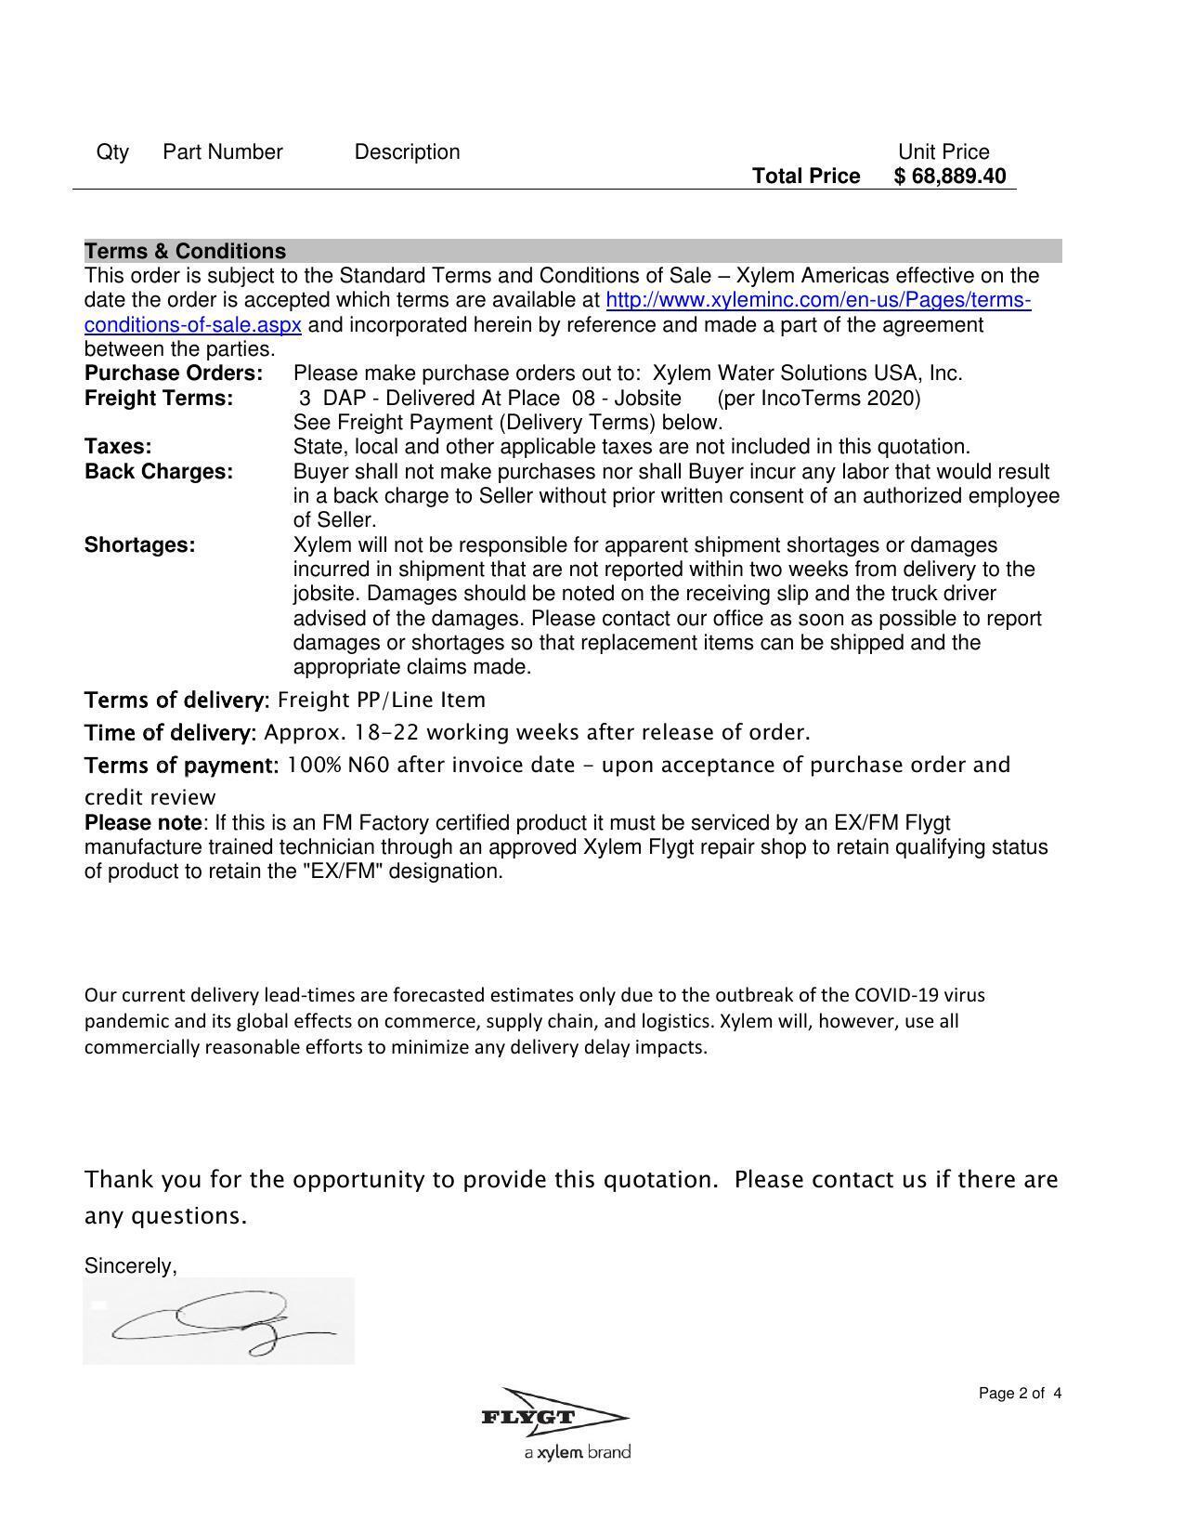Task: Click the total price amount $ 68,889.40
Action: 949,177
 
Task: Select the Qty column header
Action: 112,152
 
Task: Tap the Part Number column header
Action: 222,152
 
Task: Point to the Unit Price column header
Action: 943,152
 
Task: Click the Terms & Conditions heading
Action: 185,252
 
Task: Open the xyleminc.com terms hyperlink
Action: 817,301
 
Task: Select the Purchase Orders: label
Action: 174,373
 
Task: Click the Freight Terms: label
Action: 159,399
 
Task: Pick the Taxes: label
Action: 118,447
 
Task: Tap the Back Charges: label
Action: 159,472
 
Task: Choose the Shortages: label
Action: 139,545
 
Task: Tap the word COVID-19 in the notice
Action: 897,995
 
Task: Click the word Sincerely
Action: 130,1266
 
